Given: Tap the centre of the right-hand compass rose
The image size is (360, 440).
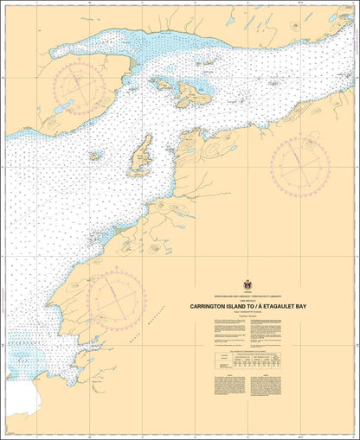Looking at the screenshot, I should (x=299, y=162).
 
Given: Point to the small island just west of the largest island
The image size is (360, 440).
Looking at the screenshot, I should (x=163, y=84).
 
